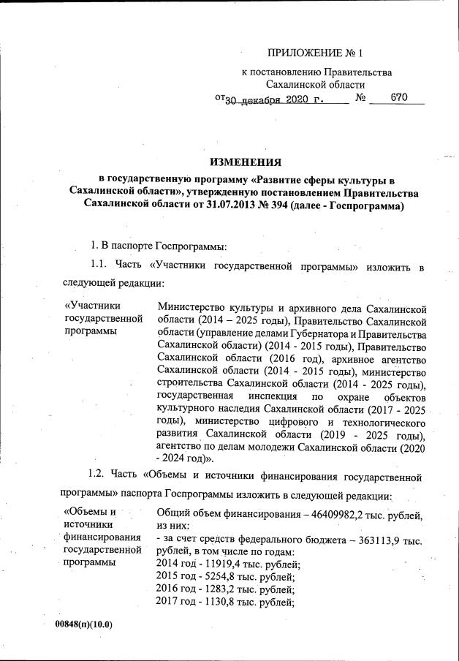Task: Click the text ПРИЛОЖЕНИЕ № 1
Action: tap(314, 53)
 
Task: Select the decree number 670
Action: tap(398, 97)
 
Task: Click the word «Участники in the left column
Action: tap(93, 306)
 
